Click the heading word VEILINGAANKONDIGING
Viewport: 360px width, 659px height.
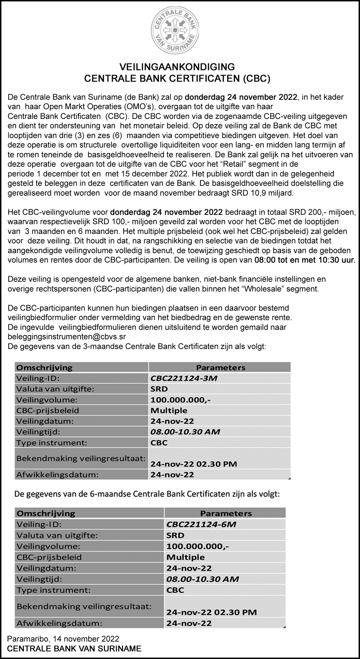point(177,67)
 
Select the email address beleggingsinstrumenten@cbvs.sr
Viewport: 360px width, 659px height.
point(67,337)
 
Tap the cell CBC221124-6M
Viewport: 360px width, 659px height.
point(199,524)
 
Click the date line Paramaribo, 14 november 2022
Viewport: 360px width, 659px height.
point(63,639)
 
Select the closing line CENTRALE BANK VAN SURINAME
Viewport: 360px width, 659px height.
point(74,649)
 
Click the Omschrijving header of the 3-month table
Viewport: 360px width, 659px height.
point(45,367)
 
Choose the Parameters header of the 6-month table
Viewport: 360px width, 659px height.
point(226,513)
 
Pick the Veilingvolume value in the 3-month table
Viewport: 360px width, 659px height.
point(180,400)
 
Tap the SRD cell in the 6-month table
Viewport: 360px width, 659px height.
point(175,535)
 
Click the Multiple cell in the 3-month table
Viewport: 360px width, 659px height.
point(169,410)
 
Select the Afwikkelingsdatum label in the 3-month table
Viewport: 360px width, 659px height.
point(58,475)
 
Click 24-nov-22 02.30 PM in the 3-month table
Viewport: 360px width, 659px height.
point(194,464)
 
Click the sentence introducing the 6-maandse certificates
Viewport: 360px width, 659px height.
point(146,494)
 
